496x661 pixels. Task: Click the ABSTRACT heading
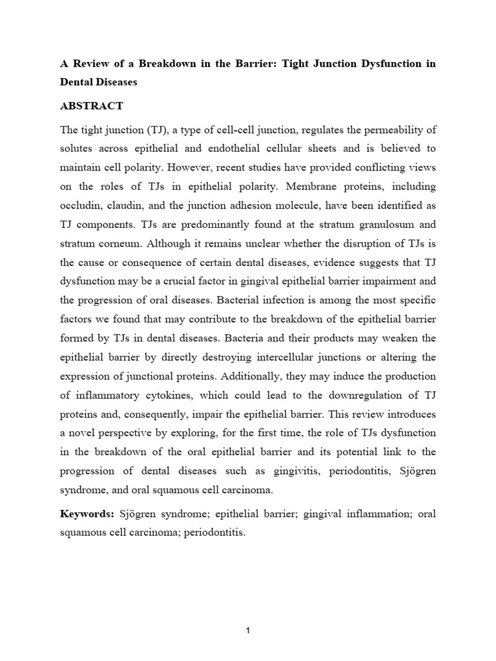tap(92, 106)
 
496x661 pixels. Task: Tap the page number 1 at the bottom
tap(248, 631)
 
